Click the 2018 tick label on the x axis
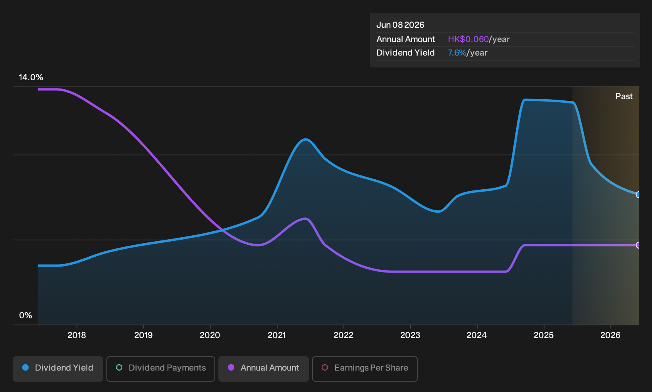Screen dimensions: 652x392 (77, 335)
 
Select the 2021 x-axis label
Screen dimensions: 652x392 (277, 335)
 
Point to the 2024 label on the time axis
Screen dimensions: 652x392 (477, 335)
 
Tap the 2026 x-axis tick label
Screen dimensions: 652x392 (610, 335)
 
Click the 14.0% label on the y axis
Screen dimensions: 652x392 (31, 77)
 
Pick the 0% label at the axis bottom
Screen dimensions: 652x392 (26, 315)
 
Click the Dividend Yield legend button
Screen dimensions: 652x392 (58, 369)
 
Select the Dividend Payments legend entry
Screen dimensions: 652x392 (161, 369)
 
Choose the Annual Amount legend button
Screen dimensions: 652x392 (263, 369)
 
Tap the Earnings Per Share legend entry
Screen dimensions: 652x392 (365, 369)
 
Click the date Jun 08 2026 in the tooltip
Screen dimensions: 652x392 (400, 25)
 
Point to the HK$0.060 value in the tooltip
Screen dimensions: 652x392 (468, 39)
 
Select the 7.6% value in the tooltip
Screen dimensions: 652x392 (457, 53)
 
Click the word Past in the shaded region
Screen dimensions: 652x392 (624, 96)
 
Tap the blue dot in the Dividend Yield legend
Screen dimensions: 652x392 (26, 367)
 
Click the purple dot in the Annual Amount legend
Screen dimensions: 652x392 (231, 367)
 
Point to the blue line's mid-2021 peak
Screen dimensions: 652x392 (305, 140)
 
